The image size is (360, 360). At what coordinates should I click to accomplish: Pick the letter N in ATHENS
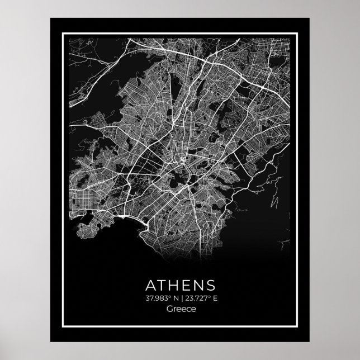(200, 283)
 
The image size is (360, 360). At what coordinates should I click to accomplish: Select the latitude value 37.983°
(154, 297)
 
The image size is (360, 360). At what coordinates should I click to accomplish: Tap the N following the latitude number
(170, 297)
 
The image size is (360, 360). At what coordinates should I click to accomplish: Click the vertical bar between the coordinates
(176, 297)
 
